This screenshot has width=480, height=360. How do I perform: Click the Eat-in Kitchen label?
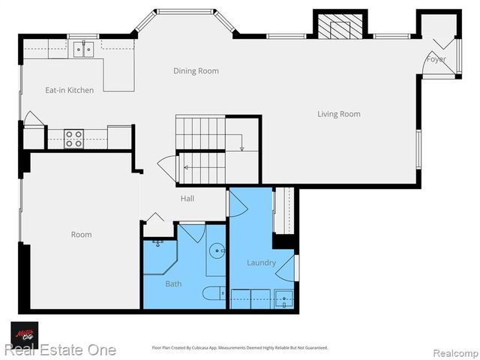point(69,90)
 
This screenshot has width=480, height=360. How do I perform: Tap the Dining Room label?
point(196,71)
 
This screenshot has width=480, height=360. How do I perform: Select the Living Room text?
point(338,114)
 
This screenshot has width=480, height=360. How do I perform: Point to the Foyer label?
point(436,59)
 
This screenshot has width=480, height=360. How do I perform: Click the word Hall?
point(187,199)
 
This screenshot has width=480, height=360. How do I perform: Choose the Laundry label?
point(261,262)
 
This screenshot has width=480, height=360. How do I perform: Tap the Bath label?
point(173,283)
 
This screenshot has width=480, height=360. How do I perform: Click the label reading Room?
point(81,235)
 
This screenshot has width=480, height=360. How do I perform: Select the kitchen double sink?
point(83,49)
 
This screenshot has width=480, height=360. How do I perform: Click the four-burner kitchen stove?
point(73,139)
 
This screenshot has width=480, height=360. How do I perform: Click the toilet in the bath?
point(213,293)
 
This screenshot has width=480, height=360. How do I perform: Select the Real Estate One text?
point(60,350)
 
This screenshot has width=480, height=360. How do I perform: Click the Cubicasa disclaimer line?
point(240,348)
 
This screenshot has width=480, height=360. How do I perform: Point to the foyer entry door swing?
point(432,67)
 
